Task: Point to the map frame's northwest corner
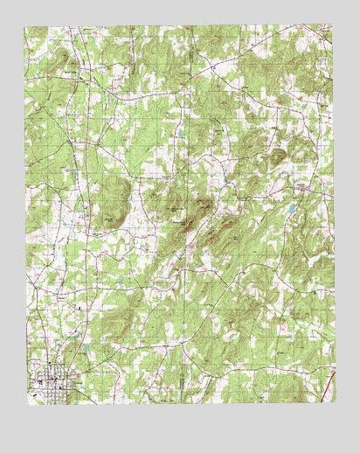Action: click(24, 27)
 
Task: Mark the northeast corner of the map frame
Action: click(333, 27)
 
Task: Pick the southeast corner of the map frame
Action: click(334, 403)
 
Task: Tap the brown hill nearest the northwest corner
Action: click(63, 61)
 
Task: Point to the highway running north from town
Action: click(75, 262)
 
